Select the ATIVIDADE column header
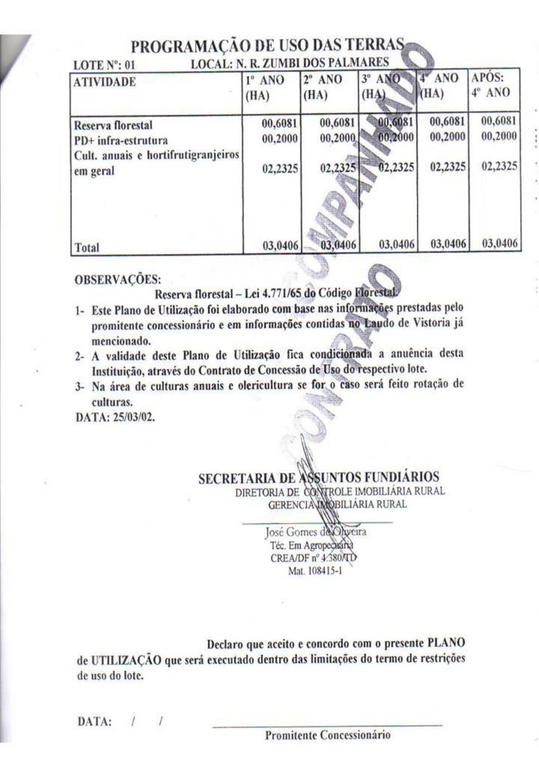[x=105, y=82]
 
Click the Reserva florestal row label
[x=113, y=125]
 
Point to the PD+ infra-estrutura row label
[x=121, y=140]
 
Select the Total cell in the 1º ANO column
[x=280, y=244]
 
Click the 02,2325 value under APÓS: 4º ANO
[x=499, y=166]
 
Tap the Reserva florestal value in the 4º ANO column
[x=447, y=121]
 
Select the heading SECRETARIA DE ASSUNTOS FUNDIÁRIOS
[x=319, y=478]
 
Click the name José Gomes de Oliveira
[x=315, y=532]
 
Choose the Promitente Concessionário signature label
[x=328, y=735]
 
